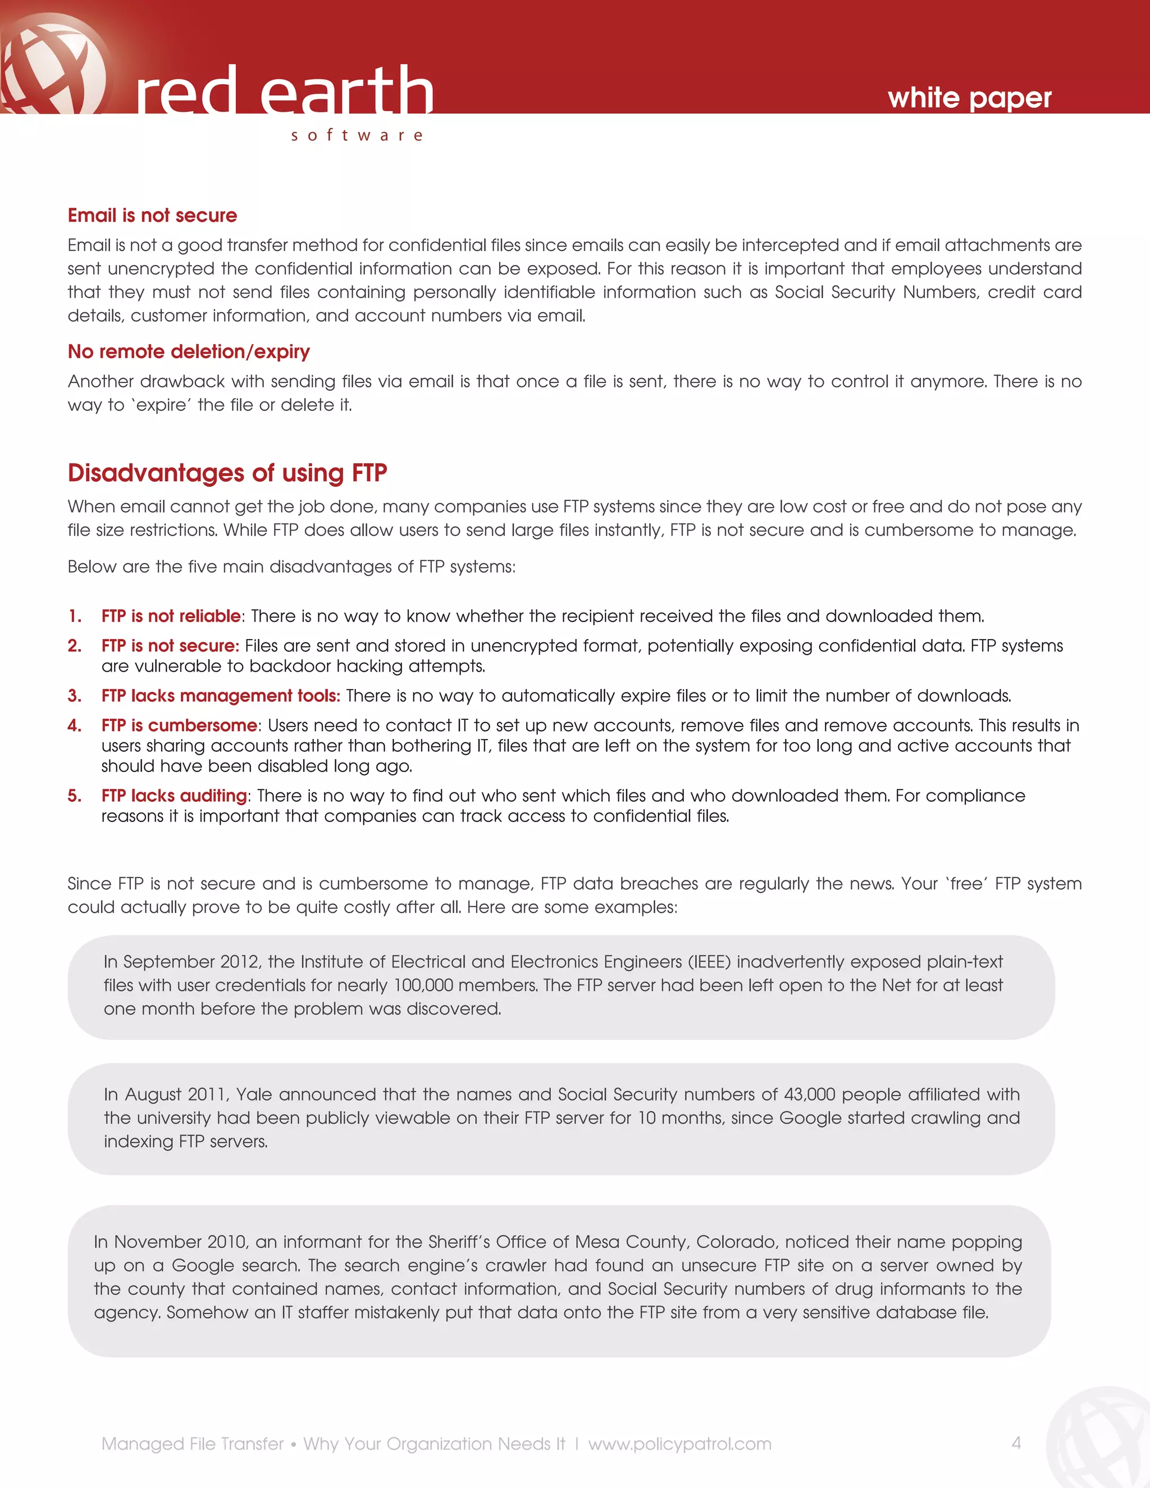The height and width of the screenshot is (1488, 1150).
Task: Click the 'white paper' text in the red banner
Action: tap(969, 98)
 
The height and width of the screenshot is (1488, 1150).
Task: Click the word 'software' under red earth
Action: tap(357, 135)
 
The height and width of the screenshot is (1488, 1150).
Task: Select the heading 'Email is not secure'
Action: tap(152, 215)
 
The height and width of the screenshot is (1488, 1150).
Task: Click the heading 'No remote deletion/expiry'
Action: tap(189, 352)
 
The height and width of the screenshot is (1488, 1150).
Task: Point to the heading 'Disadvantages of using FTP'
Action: tap(227, 473)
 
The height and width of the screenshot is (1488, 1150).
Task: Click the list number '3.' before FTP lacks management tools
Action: tap(74, 696)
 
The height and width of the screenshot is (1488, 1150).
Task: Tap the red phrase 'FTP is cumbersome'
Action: tap(179, 725)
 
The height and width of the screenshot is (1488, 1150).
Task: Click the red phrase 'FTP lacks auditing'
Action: tap(174, 795)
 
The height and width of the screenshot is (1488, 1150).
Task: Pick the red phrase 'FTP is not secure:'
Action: tap(170, 645)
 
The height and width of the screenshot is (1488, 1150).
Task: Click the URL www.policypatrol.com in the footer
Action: tap(679, 1444)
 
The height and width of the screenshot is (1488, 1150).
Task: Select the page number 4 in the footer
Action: tap(1016, 1443)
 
